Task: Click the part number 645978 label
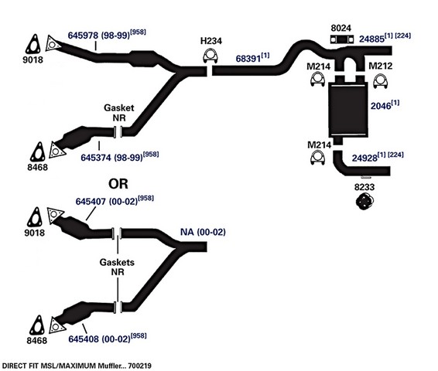click(83, 35)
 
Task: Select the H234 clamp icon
click(210, 55)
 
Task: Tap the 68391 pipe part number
click(248, 59)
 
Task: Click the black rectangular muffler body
click(347, 110)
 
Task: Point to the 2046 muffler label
click(381, 106)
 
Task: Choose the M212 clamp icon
click(380, 81)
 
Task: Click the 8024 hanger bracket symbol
click(341, 39)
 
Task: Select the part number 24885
click(371, 39)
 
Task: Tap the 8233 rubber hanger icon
click(364, 202)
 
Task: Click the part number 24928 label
click(364, 158)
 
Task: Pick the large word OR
click(118, 183)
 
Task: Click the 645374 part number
click(96, 158)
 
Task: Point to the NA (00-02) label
click(203, 232)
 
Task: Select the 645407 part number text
click(91, 202)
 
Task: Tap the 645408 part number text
click(84, 339)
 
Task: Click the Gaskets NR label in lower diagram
click(117, 267)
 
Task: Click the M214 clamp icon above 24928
click(317, 157)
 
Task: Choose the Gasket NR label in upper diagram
click(119, 113)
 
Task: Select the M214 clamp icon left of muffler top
click(317, 79)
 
